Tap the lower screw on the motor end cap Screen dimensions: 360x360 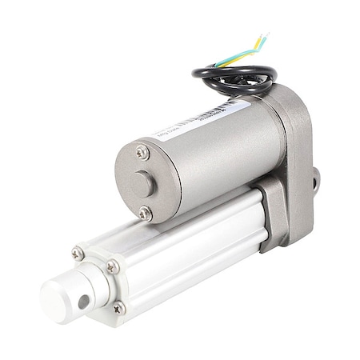[145, 213]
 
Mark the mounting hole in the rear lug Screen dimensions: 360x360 [317, 178]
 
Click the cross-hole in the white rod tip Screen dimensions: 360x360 [84, 302]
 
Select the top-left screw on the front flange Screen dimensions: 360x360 [78, 254]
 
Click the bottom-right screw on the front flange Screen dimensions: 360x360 [118, 308]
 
